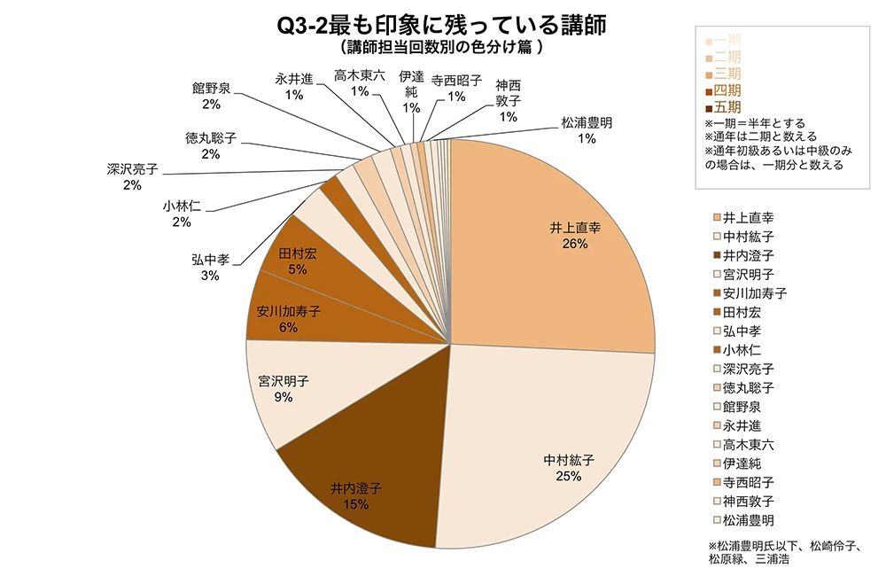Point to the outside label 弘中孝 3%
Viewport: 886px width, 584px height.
coord(210,267)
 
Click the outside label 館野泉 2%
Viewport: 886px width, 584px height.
coord(211,96)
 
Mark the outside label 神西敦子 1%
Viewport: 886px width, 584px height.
coord(508,101)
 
